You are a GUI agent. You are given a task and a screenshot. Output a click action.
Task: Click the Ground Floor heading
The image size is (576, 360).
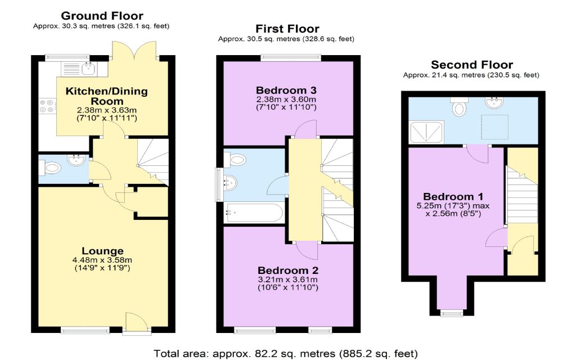click(x=102, y=16)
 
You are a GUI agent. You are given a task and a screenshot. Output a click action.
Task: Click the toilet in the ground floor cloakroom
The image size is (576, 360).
click(x=51, y=168)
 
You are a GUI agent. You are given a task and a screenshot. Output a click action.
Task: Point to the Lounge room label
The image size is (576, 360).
click(x=102, y=251)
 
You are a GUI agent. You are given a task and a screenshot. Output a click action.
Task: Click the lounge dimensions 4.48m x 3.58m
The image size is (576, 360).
click(x=102, y=260)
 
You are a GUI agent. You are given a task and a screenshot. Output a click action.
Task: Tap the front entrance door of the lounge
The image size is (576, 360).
click(x=137, y=323)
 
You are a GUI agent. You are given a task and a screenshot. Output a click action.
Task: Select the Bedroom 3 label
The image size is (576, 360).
click(x=286, y=91)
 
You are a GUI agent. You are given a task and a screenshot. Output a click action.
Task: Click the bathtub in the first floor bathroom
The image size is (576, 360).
click(x=254, y=213)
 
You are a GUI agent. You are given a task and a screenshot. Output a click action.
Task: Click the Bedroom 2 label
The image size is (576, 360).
click(x=288, y=271)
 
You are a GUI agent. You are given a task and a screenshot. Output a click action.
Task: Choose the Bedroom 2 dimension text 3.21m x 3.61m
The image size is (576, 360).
click(x=288, y=280)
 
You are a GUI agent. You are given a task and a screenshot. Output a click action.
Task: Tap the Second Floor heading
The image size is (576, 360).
click(x=472, y=65)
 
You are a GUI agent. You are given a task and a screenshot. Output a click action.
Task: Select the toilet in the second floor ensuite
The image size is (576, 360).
click(x=459, y=106)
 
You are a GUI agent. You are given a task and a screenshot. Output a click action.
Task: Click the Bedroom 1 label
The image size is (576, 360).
click(x=453, y=197)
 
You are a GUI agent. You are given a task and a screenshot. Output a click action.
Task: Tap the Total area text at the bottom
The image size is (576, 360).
click(x=285, y=354)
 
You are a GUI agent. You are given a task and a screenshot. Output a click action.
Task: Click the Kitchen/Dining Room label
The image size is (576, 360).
click(x=106, y=96)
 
